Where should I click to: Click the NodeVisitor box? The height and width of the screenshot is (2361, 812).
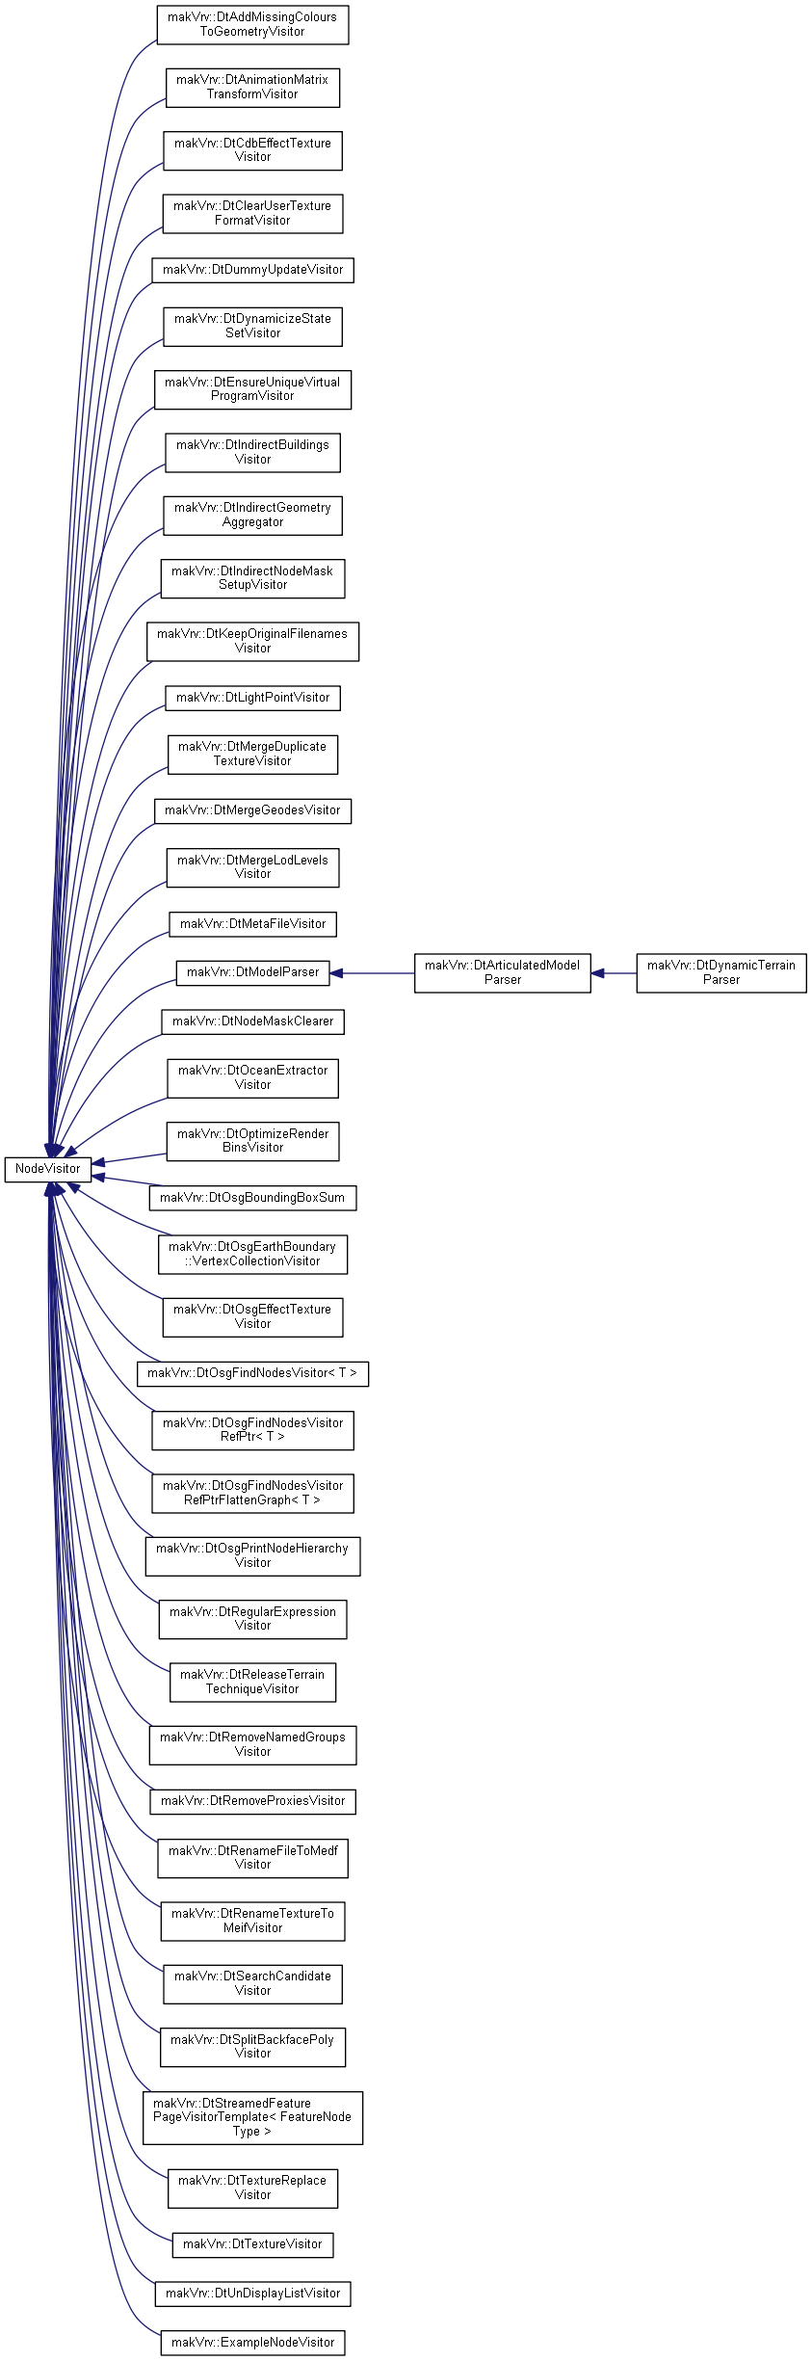48,1169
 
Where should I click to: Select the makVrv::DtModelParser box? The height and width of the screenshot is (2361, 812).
252,972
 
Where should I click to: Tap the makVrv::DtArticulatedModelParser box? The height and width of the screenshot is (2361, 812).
503,972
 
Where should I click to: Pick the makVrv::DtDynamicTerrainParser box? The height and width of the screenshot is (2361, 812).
721,972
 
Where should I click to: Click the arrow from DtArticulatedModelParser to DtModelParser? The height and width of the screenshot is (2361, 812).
372,973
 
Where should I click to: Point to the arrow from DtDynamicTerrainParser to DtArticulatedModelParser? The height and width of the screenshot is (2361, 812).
614,973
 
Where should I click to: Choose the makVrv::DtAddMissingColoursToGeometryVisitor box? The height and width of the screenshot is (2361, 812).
252,24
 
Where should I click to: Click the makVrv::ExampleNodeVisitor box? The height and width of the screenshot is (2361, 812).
252,2343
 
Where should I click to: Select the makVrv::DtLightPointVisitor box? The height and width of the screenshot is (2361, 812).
252,698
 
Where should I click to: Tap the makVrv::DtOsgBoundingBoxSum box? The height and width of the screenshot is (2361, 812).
252,1198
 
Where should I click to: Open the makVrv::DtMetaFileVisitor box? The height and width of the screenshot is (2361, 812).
252,924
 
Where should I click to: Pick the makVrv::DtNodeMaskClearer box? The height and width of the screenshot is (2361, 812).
252,1021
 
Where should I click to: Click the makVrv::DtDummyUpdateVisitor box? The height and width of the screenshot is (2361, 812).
252,270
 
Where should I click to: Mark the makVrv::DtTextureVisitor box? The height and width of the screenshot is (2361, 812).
252,2244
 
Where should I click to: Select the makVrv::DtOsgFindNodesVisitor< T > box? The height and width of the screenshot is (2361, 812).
252,1373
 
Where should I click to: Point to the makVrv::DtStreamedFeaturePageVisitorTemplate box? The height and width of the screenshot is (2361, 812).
252,2117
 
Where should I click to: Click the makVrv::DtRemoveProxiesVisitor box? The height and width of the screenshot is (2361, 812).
252,1801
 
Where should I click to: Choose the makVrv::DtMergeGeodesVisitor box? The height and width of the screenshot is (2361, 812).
252,810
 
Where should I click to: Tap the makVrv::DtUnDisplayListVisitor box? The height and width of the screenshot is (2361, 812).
252,2294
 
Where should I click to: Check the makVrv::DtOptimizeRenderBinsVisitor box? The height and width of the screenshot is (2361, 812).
252,1141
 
